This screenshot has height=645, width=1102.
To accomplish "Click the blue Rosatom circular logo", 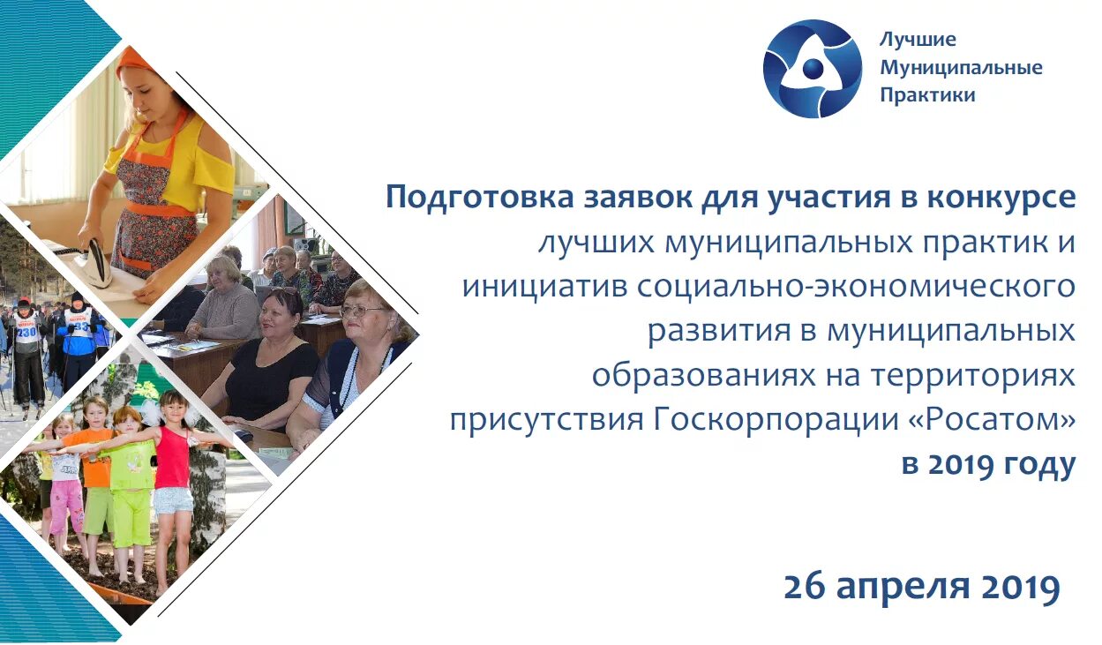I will [x=812, y=69].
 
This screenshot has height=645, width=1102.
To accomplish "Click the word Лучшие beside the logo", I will [x=918, y=40].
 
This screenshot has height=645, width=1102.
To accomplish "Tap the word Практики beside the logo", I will [x=927, y=95].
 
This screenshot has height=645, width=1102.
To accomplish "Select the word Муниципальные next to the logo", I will [x=961, y=68].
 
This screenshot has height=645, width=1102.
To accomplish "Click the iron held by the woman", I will [x=92, y=262].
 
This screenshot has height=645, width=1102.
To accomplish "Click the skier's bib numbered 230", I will [x=27, y=332].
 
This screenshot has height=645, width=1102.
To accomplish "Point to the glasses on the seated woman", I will [x=362, y=311].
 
